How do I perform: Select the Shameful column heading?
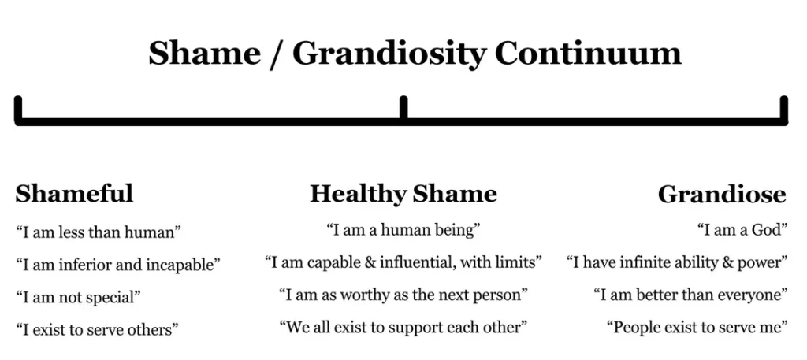point(74,194)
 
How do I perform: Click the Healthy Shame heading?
point(403,194)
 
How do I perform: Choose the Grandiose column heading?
point(722,194)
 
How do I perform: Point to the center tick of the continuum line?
point(403,106)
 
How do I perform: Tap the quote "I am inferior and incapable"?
point(118,265)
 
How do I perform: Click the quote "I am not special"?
point(78,298)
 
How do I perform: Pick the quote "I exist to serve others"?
point(97,329)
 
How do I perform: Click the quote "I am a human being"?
point(403,231)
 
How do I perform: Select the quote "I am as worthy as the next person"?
point(403,295)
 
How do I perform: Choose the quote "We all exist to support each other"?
point(403,326)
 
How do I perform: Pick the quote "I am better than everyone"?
point(691,295)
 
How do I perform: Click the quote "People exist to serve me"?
point(697,326)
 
